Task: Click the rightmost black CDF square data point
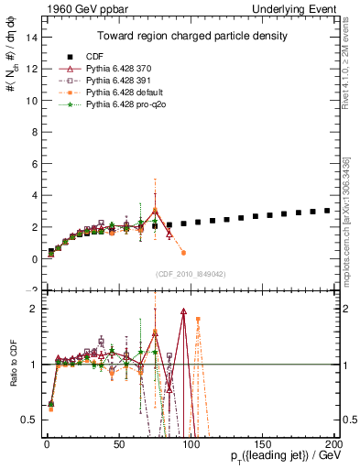coord(327,210)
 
